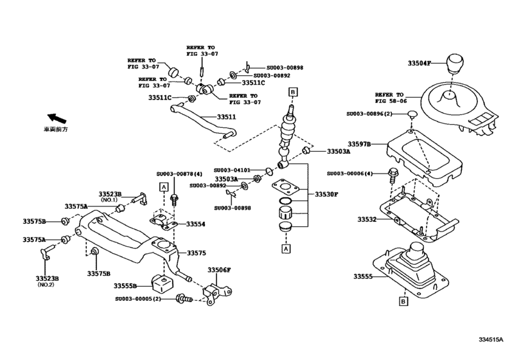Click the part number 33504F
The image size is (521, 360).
(421, 63)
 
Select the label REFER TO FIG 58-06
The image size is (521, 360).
(391, 98)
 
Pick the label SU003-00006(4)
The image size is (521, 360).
(349, 174)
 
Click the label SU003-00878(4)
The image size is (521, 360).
(179, 174)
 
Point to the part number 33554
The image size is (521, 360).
(196, 224)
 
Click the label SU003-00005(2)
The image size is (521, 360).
(143, 299)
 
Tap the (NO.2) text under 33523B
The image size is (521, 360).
(47, 285)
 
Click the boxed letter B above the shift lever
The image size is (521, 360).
(293, 93)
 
